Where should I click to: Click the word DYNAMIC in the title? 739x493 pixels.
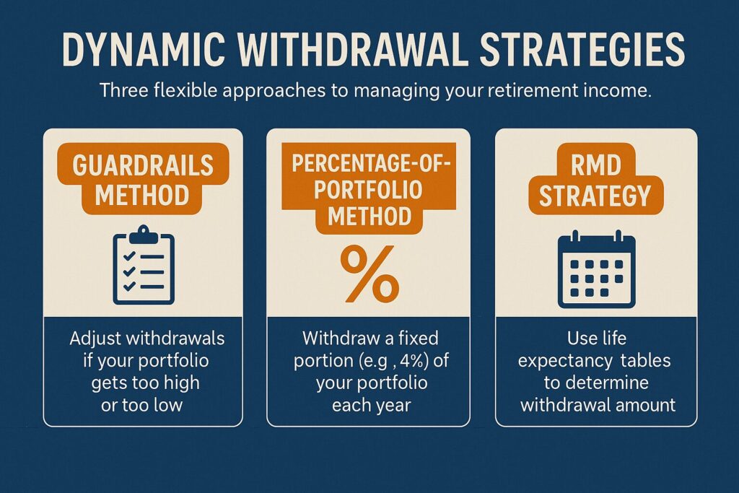point(144,49)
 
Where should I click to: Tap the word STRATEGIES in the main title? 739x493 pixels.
point(582,49)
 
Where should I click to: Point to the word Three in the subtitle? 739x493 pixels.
point(124,90)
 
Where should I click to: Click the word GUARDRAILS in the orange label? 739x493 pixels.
point(143,165)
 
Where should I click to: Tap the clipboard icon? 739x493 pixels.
point(144,265)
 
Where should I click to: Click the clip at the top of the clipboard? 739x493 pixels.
point(144,234)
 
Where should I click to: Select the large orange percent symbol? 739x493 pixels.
point(369,274)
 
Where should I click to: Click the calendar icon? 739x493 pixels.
point(596,269)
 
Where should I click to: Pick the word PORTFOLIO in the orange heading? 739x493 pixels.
point(368,189)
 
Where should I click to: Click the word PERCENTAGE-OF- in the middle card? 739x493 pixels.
point(372,163)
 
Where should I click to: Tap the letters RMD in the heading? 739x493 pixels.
point(596,165)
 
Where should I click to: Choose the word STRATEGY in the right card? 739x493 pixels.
point(595,196)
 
